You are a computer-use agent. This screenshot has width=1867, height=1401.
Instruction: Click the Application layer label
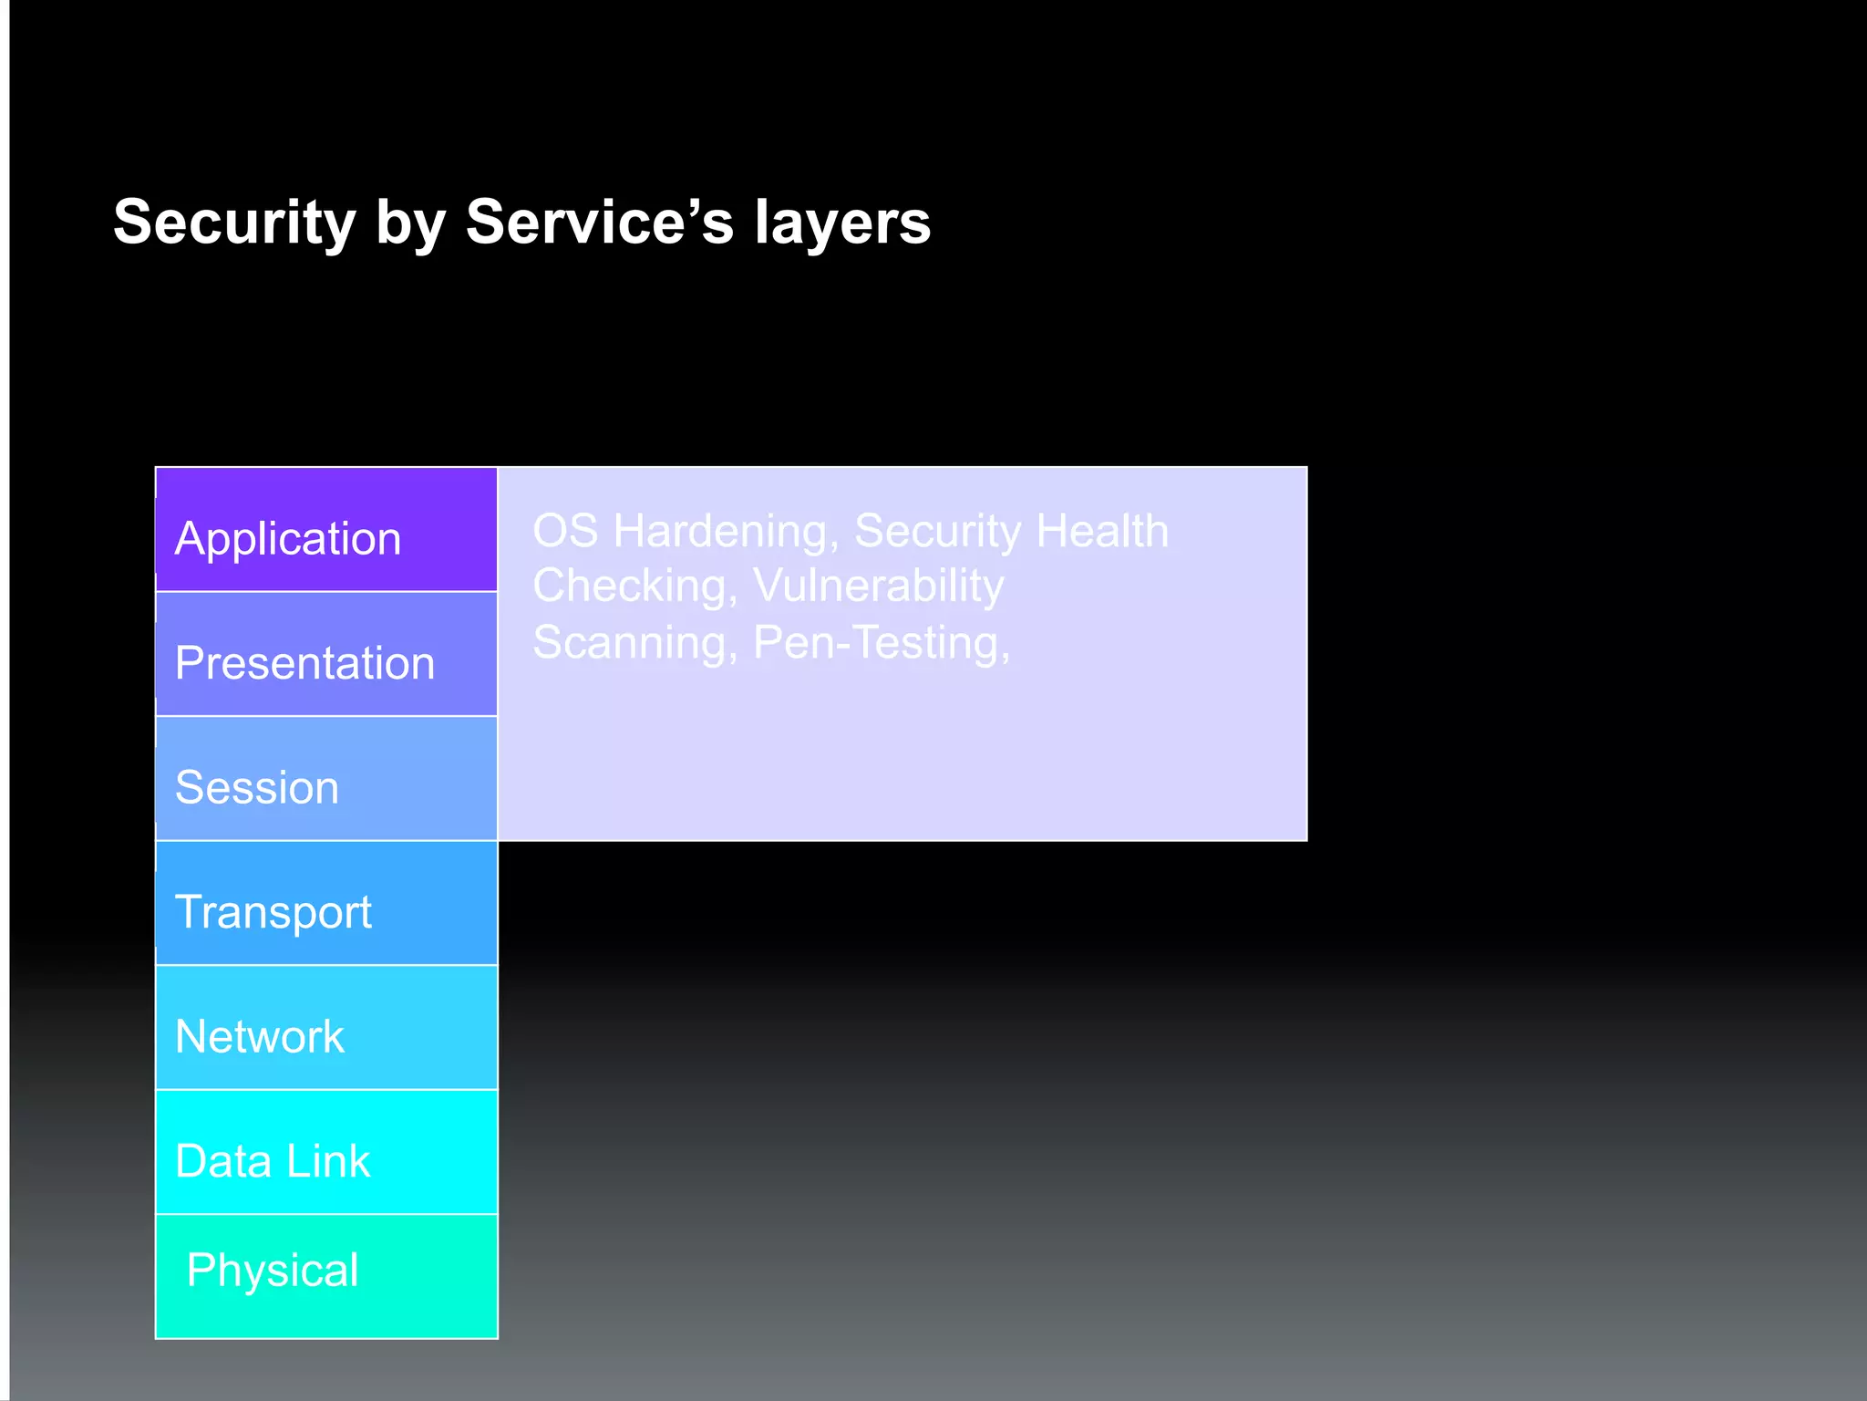pyautogui.click(x=287, y=538)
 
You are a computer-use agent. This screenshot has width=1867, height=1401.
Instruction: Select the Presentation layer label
pyautogui.click(x=304, y=663)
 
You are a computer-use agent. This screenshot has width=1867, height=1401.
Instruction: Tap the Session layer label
pyautogui.click(x=256, y=787)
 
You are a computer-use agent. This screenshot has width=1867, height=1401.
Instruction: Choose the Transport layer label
pyautogui.click(x=273, y=912)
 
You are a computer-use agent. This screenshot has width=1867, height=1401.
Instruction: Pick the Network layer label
pyautogui.click(x=259, y=1036)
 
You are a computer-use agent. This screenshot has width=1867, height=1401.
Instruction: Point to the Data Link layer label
pyautogui.click(x=272, y=1161)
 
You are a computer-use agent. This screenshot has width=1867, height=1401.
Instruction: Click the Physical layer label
pyautogui.click(x=272, y=1271)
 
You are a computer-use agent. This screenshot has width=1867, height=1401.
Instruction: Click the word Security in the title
pyautogui.click(x=234, y=223)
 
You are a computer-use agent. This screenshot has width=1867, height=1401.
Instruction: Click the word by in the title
pyautogui.click(x=409, y=224)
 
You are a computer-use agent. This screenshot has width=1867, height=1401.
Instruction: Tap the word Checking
pyautogui.click(x=634, y=586)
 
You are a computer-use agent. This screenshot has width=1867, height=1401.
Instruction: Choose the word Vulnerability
pyautogui.click(x=878, y=586)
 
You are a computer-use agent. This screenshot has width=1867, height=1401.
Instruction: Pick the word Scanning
pyautogui.click(x=634, y=643)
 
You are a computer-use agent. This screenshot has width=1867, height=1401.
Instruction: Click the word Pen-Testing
pyautogui.click(x=881, y=643)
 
